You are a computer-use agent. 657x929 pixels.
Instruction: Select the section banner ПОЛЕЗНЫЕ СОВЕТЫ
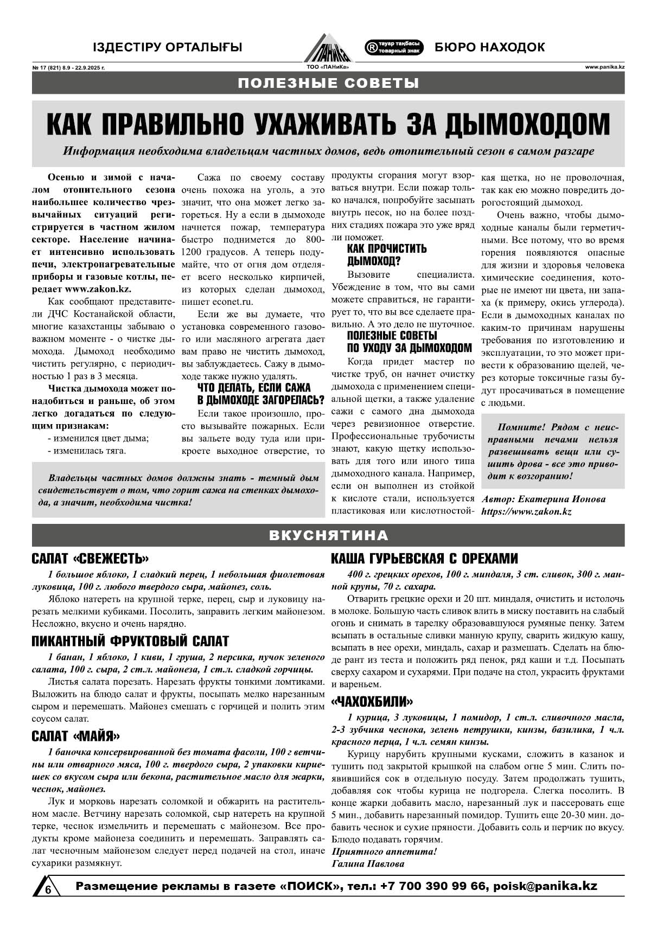[328, 83]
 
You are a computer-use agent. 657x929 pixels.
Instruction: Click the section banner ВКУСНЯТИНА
[328, 535]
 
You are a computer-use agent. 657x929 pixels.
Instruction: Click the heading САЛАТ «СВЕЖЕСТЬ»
[90, 559]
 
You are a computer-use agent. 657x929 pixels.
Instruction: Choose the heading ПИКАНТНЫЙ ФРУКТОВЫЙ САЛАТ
[130, 641]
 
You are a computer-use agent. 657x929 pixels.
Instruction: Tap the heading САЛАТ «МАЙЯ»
[75, 736]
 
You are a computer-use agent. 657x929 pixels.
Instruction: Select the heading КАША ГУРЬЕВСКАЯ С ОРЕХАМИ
[424, 559]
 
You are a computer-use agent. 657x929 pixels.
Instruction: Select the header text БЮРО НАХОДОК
[489, 47]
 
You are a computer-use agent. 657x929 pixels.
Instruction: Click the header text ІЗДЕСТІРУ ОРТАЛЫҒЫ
[168, 47]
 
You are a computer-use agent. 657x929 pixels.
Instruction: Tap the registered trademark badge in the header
[394, 47]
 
